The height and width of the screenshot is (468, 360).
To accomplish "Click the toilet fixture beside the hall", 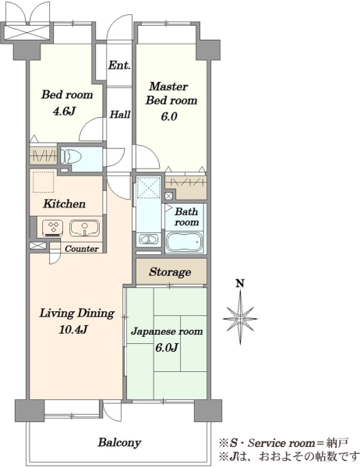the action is pyautogui.click(x=71, y=156).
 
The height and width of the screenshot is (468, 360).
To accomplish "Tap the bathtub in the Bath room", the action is pyautogui.click(x=185, y=242).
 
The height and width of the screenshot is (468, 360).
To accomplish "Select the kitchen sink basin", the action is pyautogui.click(x=84, y=228).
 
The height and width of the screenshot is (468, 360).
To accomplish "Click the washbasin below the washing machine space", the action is pyautogui.click(x=148, y=239).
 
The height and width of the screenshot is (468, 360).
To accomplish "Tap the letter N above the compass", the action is pyautogui.click(x=240, y=283).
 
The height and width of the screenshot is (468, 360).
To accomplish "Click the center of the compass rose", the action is pyautogui.click(x=240, y=318).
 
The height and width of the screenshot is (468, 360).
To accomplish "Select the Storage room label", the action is pyautogui.click(x=170, y=272).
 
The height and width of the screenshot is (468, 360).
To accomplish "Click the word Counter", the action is pyautogui.click(x=81, y=249).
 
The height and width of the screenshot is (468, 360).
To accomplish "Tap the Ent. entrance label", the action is pyautogui.click(x=119, y=65).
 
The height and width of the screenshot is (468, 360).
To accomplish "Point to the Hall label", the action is pyautogui.click(x=120, y=114).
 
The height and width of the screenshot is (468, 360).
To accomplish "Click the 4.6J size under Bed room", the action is pyautogui.click(x=63, y=112).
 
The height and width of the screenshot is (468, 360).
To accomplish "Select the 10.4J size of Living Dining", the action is pyautogui.click(x=73, y=329).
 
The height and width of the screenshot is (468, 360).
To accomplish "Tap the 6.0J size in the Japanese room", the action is pyautogui.click(x=167, y=347).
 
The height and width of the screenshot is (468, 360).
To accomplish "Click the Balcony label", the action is pyautogui.click(x=119, y=442).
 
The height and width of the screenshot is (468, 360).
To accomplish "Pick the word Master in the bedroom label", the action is pyautogui.click(x=168, y=87).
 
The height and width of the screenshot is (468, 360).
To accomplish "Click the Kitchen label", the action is pyautogui.click(x=64, y=204).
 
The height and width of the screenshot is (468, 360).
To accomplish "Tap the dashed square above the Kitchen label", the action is pyautogui.click(x=44, y=182).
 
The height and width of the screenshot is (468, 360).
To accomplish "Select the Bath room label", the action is pyautogui.click(x=186, y=217).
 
